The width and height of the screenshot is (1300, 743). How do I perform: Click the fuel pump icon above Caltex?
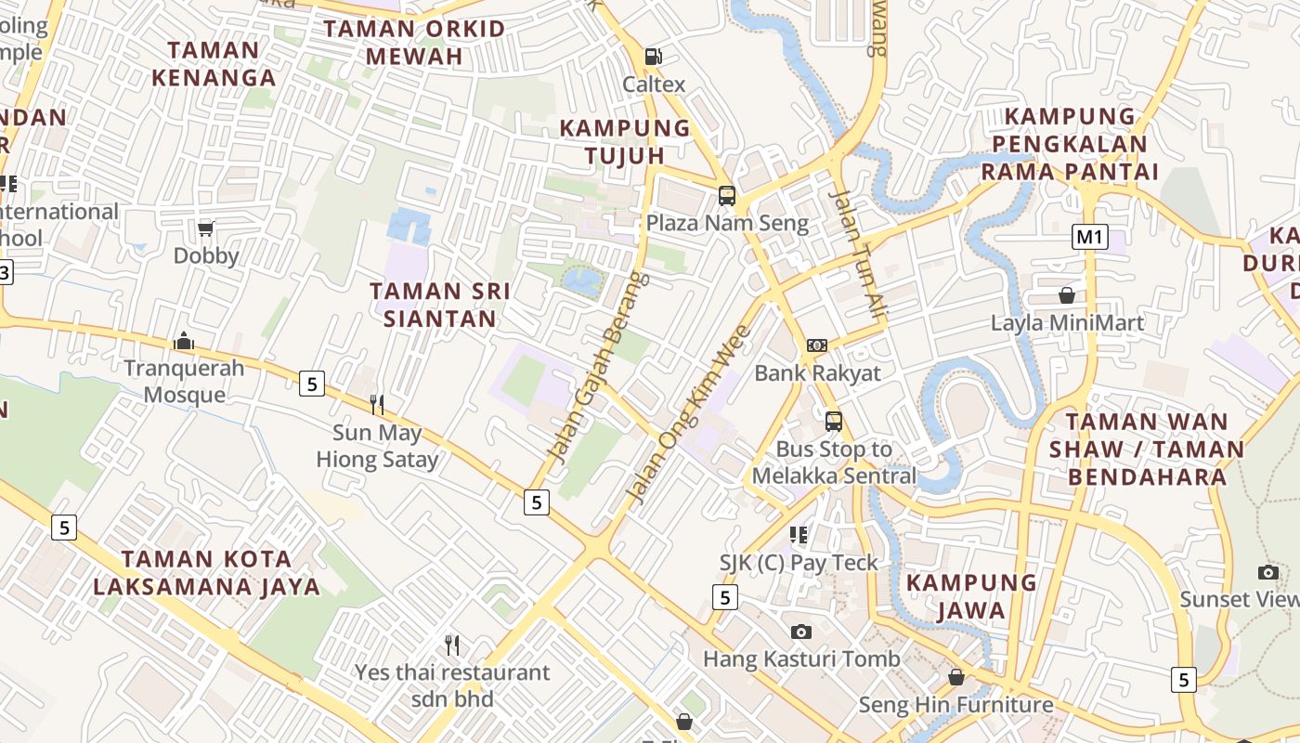[654, 56]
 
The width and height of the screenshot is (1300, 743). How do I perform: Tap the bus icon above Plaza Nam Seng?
[727, 196]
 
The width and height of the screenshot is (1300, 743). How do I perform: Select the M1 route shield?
[1089, 237]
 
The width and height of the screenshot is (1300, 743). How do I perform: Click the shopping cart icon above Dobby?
[206, 228]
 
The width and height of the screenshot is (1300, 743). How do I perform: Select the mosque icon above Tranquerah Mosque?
[184, 341]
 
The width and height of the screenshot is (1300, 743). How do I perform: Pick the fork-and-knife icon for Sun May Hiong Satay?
[377, 404]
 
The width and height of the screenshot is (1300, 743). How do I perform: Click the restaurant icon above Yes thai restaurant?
[452, 645]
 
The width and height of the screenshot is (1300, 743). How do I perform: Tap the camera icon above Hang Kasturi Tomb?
[801, 632]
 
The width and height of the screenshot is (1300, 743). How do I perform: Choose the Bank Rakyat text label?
[817, 373]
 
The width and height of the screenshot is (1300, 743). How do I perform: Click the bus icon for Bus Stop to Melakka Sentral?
[834, 422]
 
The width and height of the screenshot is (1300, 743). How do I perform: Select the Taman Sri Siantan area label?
[440, 305]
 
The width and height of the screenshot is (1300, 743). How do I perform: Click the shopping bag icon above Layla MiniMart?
[1067, 295]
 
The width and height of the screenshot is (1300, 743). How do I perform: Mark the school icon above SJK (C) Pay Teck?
[799, 534]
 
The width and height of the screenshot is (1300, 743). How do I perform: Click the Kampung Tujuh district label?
[625, 141]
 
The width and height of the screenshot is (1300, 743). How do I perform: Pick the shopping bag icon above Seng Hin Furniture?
[955, 677]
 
